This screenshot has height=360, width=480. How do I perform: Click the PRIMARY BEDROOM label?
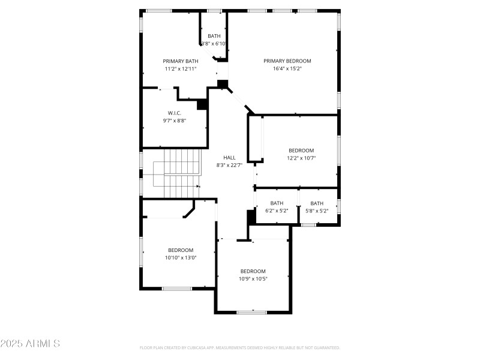point(287,61)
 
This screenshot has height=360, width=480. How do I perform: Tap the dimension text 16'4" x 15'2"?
point(287,68)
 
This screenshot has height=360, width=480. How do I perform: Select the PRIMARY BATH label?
point(181,61)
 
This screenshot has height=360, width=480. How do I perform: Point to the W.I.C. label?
point(175,113)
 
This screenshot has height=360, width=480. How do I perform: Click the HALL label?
point(229,158)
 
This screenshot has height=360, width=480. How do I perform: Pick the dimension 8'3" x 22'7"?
point(229,166)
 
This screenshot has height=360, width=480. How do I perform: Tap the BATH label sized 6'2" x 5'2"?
point(277,203)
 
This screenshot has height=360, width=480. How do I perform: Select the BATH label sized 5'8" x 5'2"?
point(317,203)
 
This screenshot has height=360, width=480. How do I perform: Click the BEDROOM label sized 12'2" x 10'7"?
point(301,151)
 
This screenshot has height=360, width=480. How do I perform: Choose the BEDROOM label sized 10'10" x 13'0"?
point(181,250)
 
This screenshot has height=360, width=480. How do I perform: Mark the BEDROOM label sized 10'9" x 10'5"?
point(253,271)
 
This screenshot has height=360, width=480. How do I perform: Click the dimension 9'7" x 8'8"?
point(175,121)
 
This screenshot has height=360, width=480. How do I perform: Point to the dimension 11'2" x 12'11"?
point(181,69)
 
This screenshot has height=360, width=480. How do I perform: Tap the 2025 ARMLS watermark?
point(30,344)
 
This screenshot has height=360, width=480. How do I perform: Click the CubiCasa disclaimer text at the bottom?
point(240,347)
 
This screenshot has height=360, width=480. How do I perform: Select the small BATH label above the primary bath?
point(214,36)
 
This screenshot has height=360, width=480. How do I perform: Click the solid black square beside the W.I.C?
point(202,104)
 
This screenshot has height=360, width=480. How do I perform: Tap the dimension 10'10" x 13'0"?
point(181,258)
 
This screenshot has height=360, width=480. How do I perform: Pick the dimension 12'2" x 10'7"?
point(301,158)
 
